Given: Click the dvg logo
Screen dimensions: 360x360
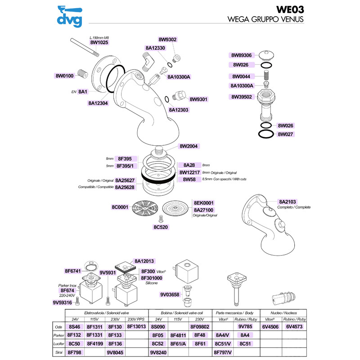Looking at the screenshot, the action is pos(70,16).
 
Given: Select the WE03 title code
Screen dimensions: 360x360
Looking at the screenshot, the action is pos(290,9).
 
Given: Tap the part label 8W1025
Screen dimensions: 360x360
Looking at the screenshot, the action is pos(99,42).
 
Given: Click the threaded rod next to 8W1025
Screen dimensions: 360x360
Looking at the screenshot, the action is pos(85,48).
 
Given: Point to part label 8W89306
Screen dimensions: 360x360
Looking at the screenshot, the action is pos(241,55).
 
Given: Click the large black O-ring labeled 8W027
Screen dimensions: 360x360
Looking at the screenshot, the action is pos(266,134).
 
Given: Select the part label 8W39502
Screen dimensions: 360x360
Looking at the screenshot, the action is pos(242,97).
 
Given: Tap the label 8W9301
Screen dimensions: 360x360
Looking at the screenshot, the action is pos(198,99).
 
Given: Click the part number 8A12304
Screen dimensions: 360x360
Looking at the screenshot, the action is pos(98,103).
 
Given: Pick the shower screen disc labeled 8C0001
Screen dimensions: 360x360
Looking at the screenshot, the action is pos(145,208).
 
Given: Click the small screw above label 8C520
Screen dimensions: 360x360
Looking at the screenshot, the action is pos(161,219).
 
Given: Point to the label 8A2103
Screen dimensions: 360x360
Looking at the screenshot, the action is pos(287,202).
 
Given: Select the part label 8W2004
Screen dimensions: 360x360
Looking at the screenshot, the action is pos(189,146).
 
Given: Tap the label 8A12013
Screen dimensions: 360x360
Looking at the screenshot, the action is pos(144,261).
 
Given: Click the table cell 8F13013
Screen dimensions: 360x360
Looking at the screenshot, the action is pos(136,327).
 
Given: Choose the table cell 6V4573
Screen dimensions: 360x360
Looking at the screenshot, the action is pos(294,327).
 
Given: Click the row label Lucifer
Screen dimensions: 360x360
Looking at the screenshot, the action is pos(59,344).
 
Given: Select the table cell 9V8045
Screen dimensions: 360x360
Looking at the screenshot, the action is pos(115,352).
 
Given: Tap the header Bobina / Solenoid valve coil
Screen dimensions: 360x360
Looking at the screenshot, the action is pos(182,313).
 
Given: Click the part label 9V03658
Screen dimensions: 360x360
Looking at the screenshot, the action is pos(170,295).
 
